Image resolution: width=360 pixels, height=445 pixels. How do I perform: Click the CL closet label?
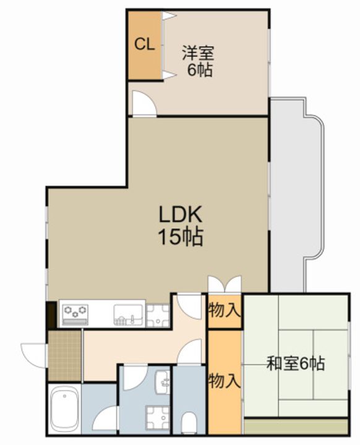tap(145, 44)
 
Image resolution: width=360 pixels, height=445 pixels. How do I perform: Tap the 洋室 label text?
tap(198, 53)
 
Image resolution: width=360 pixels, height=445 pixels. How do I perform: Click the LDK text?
tap(181, 214)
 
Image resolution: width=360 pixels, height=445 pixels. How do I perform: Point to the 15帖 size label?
tap(181, 237)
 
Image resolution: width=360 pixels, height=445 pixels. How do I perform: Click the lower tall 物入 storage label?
tap(225, 381)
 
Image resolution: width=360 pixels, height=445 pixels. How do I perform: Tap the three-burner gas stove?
tap(75, 315)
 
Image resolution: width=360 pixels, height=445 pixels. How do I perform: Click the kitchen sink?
tap(129, 315)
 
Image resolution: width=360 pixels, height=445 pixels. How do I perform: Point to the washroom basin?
tap(162, 382)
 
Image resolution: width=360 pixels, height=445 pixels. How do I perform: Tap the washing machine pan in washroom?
tap(158, 417)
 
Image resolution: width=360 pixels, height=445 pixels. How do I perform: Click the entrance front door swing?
tap(33, 355)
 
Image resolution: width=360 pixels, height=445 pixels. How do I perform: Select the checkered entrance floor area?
tap(65, 356)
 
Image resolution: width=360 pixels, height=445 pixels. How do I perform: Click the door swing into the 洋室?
tap(145, 103)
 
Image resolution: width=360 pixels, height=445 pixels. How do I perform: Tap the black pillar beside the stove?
tap(52, 315)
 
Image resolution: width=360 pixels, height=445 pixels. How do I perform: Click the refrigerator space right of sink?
tap(158, 316)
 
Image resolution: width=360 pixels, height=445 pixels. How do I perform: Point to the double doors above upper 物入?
tap(225, 284)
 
